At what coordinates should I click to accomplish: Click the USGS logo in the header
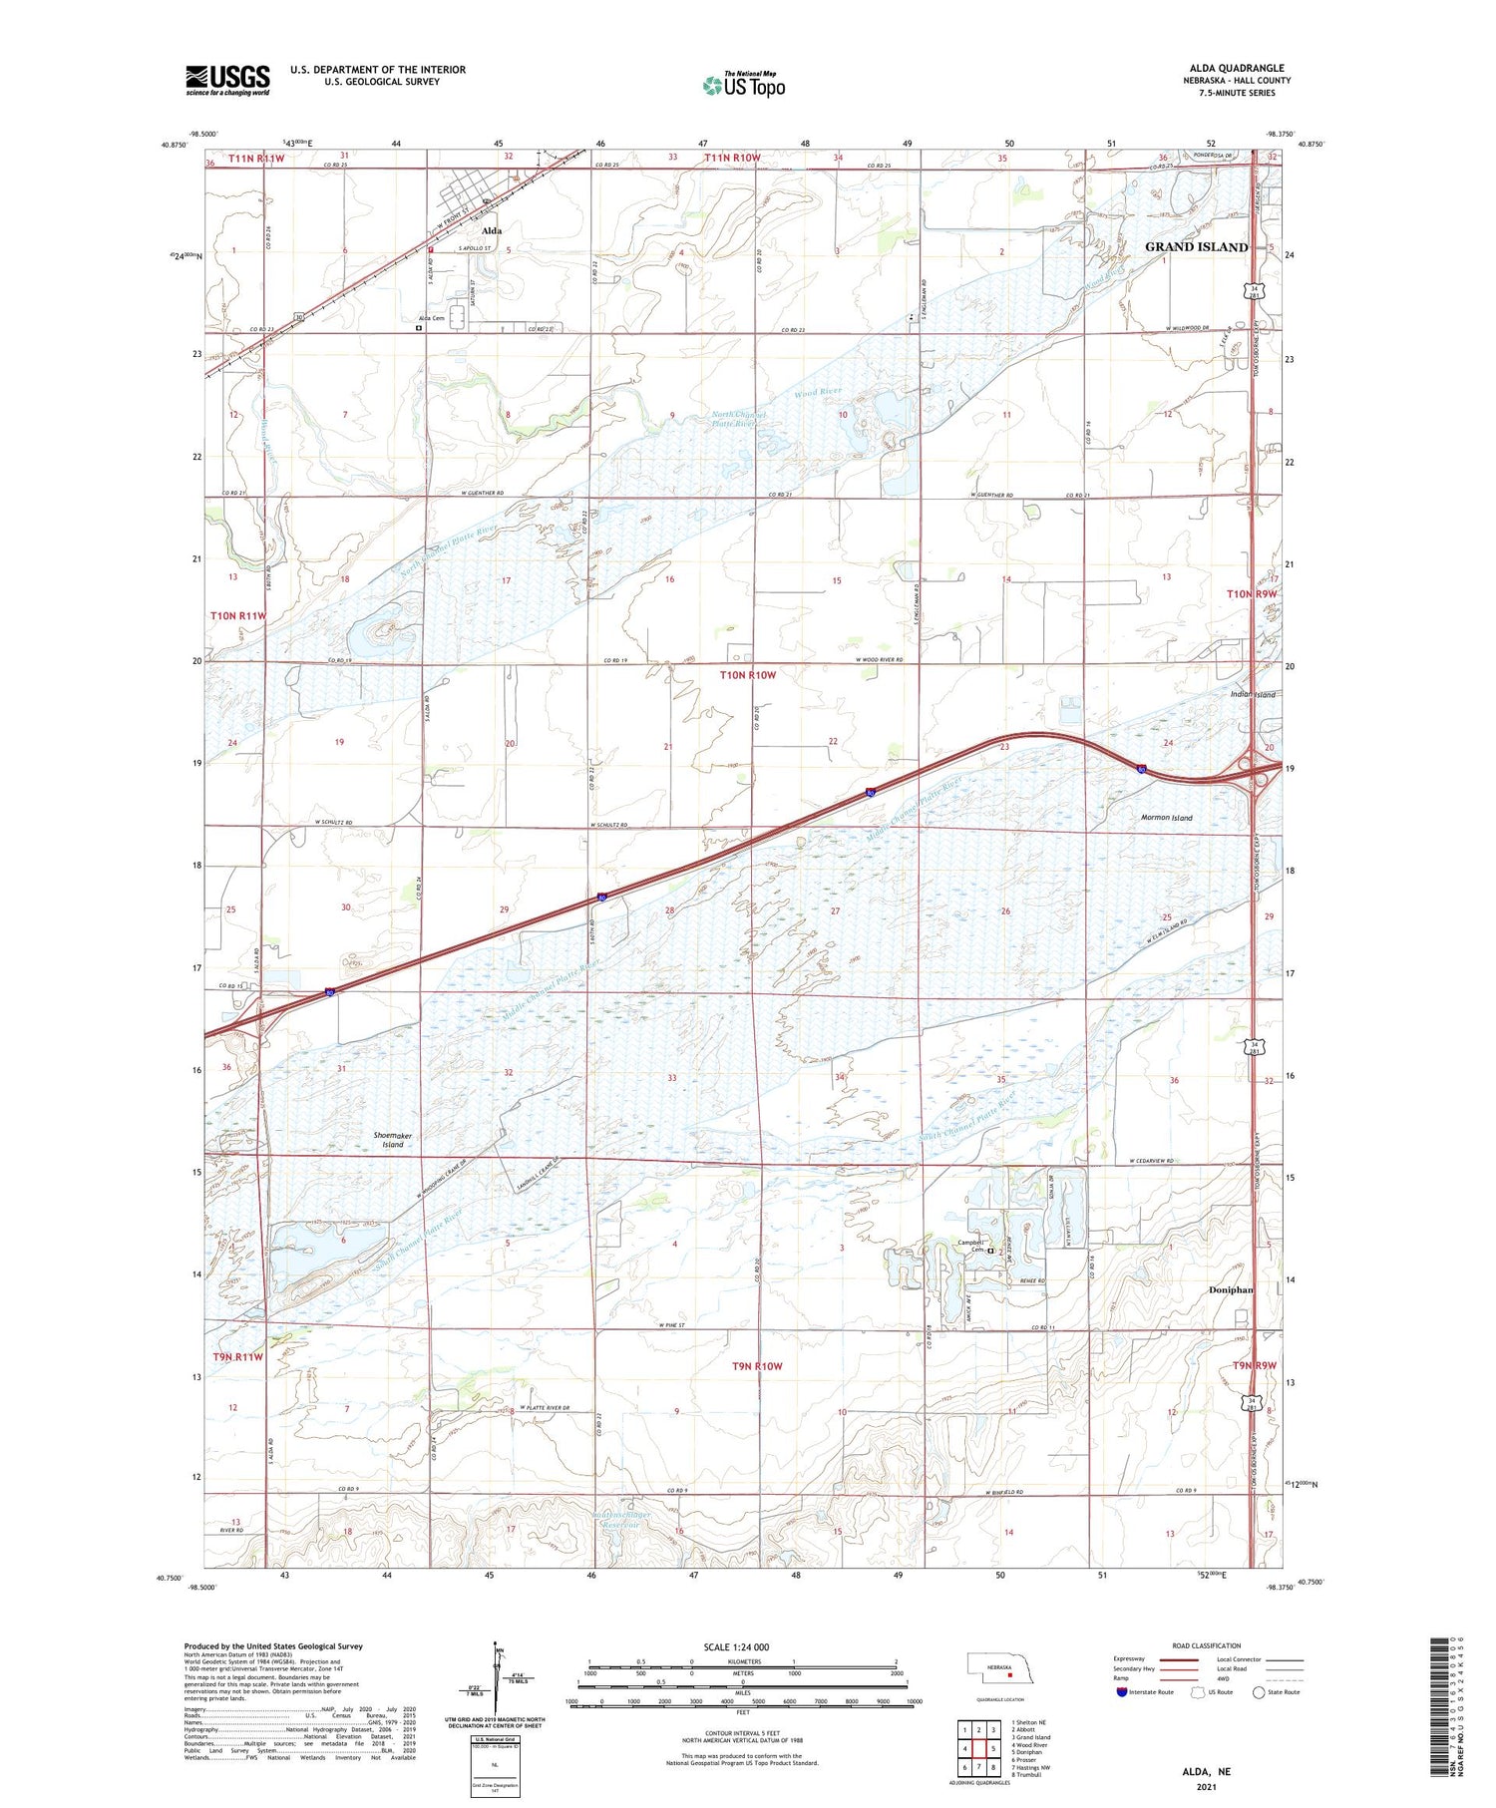click(x=227, y=80)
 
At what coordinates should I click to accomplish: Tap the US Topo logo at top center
click(x=743, y=86)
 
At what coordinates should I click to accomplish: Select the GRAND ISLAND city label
click(x=1195, y=247)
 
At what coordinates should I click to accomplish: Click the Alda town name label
click(x=492, y=230)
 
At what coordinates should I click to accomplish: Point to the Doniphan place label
click(x=1230, y=1289)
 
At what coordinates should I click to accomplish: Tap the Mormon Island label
click(x=1166, y=818)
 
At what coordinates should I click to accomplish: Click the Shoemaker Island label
click(x=392, y=1140)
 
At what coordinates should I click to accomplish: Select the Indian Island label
click(x=1252, y=694)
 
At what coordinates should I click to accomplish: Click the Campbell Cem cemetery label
click(x=970, y=1246)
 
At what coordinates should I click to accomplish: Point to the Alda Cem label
click(x=431, y=318)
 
